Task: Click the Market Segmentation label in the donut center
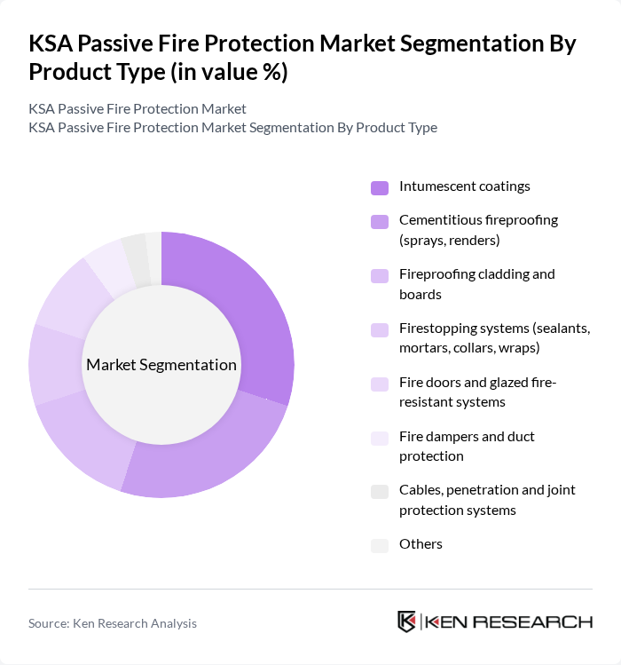161,365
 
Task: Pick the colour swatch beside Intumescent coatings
380,187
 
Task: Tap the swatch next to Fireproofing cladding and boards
380,276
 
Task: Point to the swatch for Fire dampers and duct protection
380,438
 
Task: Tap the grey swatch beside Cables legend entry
380,492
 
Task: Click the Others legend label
421,543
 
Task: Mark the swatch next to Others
380,545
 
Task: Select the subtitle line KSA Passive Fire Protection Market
138,108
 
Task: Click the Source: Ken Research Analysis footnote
113,623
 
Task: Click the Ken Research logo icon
407,621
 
